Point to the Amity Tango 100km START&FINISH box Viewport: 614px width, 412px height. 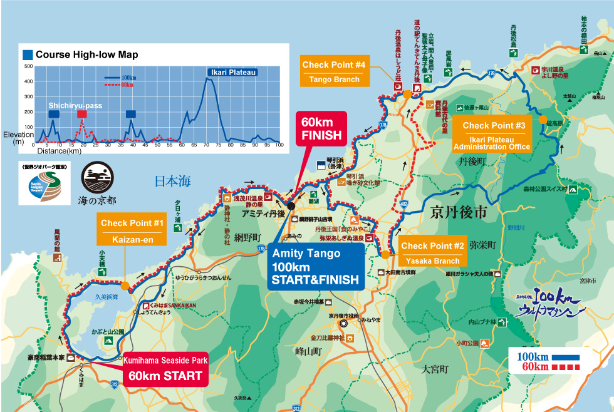[x=315, y=266]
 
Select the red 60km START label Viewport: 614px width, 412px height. [x=165, y=369]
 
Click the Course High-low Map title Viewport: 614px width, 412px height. [x=86, y=55]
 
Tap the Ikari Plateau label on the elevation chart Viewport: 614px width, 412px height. [x=232, y=73]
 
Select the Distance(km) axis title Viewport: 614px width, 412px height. [x=59, y=151]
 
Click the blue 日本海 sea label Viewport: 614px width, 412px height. [x=172, y=182]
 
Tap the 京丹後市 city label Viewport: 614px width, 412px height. [x=459, y=213]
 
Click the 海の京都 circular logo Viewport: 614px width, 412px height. [x=97, y=185]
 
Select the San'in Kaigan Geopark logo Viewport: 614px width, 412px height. [x=43, y=184]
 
